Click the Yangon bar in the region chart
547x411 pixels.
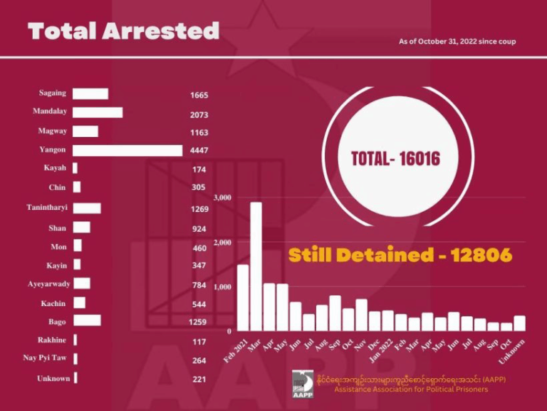(127, 150)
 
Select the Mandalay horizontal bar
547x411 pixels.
(98, 112)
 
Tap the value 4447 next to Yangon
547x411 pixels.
(199, 151)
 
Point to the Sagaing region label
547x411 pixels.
(52, 93)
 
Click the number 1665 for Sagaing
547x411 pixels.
(199, 95)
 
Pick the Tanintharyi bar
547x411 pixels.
(87, 208)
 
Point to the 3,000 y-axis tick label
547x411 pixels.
(223, 197)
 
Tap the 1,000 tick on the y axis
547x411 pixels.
(223, 286)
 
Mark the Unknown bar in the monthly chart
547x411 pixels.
(520, 323)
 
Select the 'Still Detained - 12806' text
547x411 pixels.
(400, 255)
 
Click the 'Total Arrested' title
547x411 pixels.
(123, 31)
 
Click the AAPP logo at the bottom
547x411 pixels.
(302, 384)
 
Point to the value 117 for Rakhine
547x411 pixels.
(199, 341)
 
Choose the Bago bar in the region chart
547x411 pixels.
(87, 320)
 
